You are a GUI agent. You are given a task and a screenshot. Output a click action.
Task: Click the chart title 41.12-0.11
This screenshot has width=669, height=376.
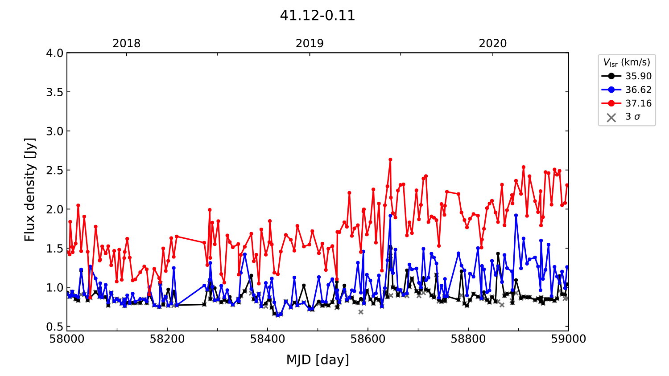coord(318,16)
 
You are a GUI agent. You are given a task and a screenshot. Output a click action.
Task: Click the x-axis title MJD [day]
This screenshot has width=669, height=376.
coord(318,360)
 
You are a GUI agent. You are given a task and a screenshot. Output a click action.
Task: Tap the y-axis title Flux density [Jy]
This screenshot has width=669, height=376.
coord(29,190)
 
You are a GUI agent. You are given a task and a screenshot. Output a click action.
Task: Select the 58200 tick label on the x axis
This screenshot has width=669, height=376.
coord(167,339)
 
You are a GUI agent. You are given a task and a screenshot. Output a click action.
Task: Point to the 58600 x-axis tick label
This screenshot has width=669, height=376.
coord(368,339)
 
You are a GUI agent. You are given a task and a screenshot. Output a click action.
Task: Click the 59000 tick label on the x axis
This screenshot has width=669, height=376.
coord(568,339)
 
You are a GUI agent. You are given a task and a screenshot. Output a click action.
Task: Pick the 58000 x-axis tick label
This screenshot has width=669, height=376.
coord(67,339)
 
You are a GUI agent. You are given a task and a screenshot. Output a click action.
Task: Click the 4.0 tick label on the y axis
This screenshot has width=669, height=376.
coord(55,53)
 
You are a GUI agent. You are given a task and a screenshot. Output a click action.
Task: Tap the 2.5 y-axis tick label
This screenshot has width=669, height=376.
coord(55,170)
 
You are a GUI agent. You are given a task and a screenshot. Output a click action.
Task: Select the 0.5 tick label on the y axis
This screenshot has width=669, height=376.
coord(55,327)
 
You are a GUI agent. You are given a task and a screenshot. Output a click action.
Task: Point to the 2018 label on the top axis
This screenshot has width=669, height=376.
coord(126,43)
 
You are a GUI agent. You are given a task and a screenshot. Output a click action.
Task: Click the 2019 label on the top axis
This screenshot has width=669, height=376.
coord(310,43)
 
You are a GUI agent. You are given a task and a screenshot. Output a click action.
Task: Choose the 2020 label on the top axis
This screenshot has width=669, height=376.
coord(493,43)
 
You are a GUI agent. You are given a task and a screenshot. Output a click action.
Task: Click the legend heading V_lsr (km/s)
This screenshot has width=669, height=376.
coord(627,62)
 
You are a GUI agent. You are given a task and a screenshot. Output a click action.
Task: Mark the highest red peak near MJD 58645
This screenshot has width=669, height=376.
coord(390,159)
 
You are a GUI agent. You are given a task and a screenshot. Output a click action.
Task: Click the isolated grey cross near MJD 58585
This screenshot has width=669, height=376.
coord(361,312)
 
